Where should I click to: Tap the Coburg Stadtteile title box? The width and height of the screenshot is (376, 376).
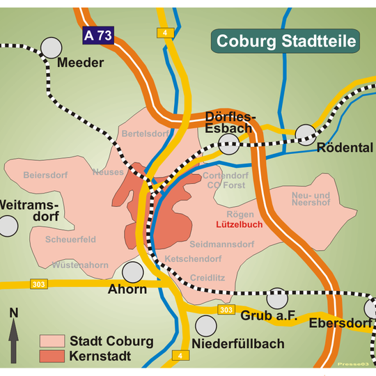click(x=286, y=41)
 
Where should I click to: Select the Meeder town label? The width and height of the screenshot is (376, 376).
click(x=81, y=63)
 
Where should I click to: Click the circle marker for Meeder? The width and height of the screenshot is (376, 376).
click(x=51, y=47)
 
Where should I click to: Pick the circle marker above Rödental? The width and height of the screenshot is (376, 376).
click(x=306, y=133)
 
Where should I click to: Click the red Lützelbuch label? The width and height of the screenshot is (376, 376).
click(x=239, y=226)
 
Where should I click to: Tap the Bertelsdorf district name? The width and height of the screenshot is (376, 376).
click(x=145, y=133)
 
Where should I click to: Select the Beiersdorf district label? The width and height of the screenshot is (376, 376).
click(x=47, y=175)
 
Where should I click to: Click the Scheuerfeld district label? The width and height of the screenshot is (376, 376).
click(x=70, y=240)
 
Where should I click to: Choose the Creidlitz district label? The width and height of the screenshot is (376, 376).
click(x=207, y=277)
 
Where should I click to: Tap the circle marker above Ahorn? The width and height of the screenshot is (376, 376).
click(x=132, y=272)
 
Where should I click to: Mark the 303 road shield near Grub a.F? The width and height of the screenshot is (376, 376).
click(x=224, y=309)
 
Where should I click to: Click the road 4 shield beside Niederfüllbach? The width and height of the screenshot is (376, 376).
click(x=180, y=357)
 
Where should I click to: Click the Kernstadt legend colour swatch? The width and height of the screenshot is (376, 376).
click(x=52, y=357)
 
